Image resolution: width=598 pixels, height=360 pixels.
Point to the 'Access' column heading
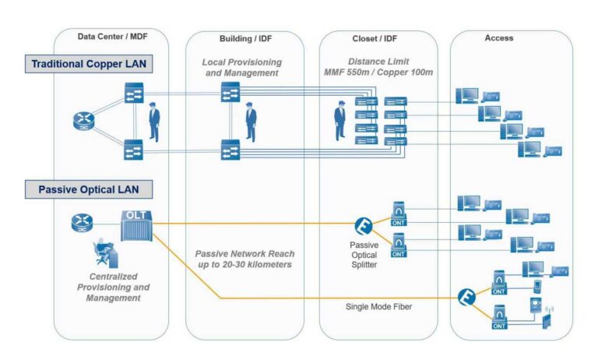498,37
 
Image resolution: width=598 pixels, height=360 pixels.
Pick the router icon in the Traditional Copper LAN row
82,121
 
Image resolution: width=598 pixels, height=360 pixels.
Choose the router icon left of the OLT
82,221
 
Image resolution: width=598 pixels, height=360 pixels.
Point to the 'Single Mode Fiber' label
378,306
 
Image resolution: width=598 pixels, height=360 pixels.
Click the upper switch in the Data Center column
133,94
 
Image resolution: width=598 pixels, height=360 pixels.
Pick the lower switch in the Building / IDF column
230,148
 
